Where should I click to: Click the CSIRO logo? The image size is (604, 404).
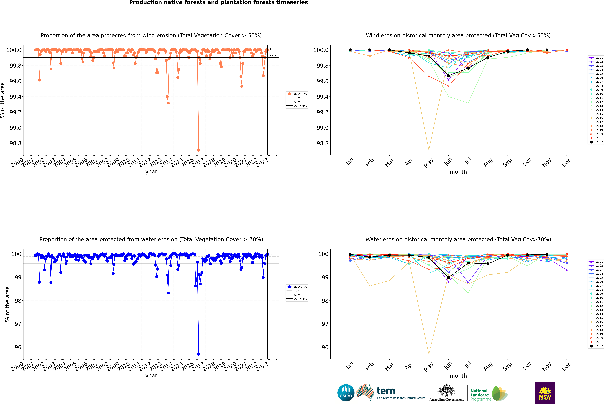346,393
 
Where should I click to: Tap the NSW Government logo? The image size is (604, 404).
545,393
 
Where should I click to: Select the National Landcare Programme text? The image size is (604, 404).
479,395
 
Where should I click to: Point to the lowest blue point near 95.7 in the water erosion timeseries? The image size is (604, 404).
198,354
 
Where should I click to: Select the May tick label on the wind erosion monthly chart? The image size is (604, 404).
428,163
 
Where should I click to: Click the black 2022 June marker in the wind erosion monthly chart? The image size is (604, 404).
448,76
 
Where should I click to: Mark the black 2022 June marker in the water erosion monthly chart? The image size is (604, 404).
448,278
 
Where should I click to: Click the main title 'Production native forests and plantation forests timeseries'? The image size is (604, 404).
218,3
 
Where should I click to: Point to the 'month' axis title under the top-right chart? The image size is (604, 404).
458,172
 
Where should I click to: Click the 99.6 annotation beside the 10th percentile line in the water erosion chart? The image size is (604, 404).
273,262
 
